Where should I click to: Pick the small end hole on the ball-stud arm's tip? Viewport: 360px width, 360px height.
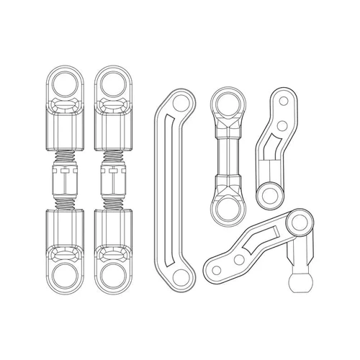[215, 271]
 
